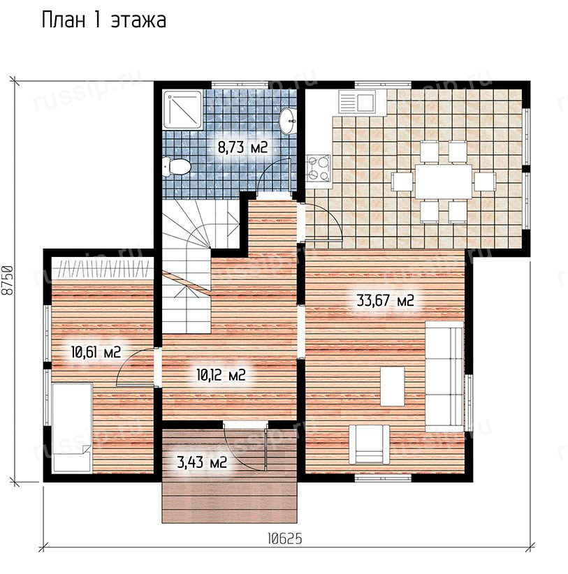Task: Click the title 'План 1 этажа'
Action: (104, 20)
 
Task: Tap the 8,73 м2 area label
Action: (243, 147)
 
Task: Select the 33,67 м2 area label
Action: (385, 300)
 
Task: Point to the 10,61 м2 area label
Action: (96, 353)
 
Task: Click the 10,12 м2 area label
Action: (221, 375)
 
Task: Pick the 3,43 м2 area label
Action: (202, 462)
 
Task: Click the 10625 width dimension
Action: (285, 538)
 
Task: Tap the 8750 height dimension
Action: (7, 280)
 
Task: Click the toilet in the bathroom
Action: (177, 167)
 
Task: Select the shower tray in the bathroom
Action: (182, 110)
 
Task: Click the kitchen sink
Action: (357, 102)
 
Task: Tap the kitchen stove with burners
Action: (319, 168)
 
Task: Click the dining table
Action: (443, 182)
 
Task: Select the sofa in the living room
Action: (444, 376)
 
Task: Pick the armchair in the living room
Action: (369, 444)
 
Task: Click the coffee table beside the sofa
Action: (392, 387)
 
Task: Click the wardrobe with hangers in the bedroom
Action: (102, 268)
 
